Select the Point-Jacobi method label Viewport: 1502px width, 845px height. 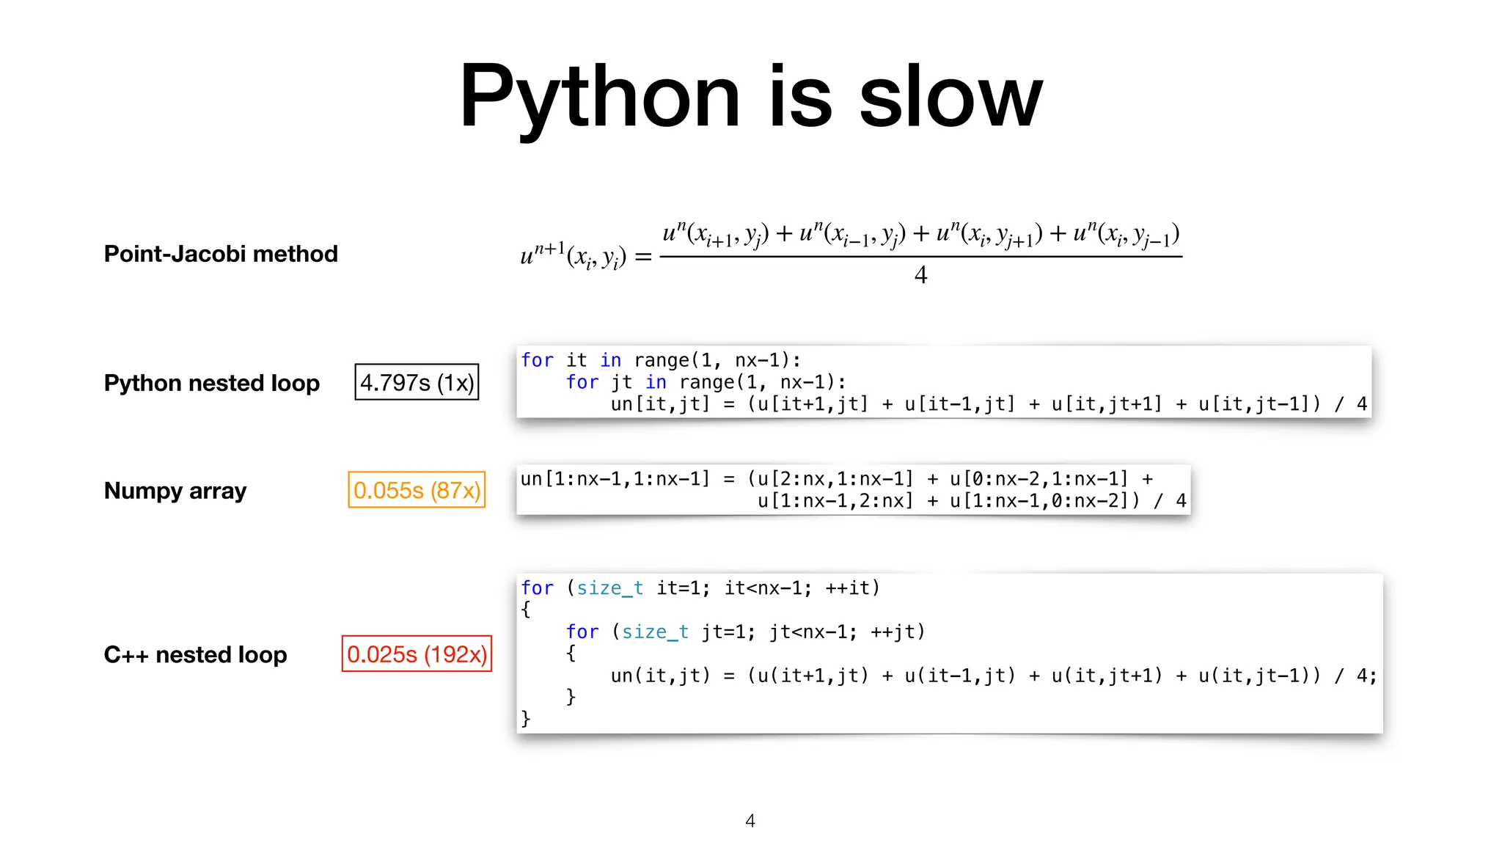pyautogui.click(x=221, y=254)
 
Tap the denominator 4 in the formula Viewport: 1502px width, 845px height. pyautogui.click(x=921, y=275)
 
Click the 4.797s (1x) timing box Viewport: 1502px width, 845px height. pyautogui.click(x=417, y=382)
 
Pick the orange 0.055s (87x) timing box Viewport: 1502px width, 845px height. pyautogui.click(x=417, y=490)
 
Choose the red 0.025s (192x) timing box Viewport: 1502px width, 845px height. pyautogui.click(x=417, y=654)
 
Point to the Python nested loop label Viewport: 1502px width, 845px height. pyautogui.click(x=211, y=383)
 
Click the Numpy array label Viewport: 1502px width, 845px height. pyautogui.click(x=175, y=490)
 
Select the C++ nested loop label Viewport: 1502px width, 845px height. pyautogui.click(x=195, y=654)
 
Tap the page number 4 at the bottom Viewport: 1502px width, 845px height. pyautogui.click(x=750, y=821)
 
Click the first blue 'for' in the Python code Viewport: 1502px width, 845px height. pyautogui.click(x=537, y=360)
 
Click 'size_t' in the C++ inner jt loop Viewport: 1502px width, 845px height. pyautogui.click(x=655, y=632)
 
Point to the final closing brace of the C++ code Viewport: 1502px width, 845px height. pyautogui.click(x=525, y=718)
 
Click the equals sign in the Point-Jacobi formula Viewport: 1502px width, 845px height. pyautogui.click(x=643, y=257)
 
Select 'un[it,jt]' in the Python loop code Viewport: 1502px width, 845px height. pyautogui.click(x=660, y=404)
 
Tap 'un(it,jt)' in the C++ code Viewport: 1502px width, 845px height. pyautogui.click(x=660, y=676)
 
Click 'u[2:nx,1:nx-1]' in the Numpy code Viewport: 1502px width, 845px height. pyautogui.click(x=835, y=479)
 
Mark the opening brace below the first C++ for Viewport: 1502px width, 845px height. pyautogui.click(x=525, y=610)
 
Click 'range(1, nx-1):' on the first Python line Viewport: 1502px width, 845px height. pyautogui.click(x=717, y=360)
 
